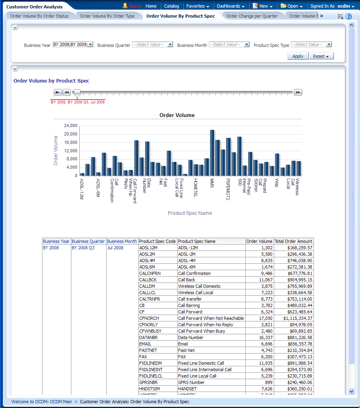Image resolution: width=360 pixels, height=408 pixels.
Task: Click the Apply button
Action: pos(298,56)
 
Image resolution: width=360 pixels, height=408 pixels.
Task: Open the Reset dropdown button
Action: pos(322,56)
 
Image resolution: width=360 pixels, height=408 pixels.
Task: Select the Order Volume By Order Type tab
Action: pos(107,16)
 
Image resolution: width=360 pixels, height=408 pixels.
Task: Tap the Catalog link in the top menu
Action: pos(172,6)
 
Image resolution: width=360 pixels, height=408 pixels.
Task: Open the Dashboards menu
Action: pos(231,6)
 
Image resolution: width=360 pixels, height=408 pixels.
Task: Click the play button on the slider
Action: pos(58,92)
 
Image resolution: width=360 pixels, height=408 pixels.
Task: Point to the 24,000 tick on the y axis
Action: pos(71,125)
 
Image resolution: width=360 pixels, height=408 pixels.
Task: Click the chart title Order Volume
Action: pos(177,115)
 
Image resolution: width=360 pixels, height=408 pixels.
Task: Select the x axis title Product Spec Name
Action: pos(190,213)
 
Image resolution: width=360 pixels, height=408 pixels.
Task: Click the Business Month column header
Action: pos(122,241)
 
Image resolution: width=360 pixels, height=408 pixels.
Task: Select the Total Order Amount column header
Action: pos(293,241)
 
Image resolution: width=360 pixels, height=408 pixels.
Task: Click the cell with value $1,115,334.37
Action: pos(293,318)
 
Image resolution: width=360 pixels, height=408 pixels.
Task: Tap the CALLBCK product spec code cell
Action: pos(147,280)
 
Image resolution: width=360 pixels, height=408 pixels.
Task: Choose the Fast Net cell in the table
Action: pos(186,350)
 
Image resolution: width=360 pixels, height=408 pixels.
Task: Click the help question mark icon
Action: pos(348,16)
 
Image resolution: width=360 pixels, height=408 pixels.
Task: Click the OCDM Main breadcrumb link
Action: pos(42,402)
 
